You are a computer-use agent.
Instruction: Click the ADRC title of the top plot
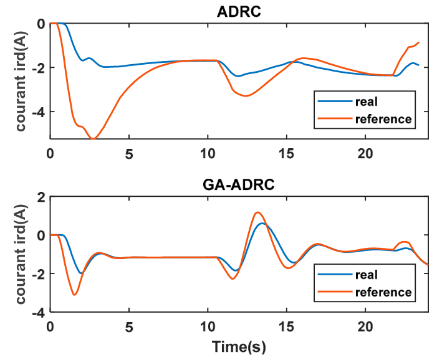pyautogui.click(x=239, y=12)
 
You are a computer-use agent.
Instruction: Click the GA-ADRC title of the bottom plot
pyautogui.click(x=239, y=185)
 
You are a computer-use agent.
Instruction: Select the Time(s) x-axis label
pyautogui.click(x=239, y=346)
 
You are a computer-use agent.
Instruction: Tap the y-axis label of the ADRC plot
pyautogui.click(x=21, y=82)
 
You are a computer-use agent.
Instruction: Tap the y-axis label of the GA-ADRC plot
pyautogui.click(x=21, y=254)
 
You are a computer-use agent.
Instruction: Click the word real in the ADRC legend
pyautogui.click(x=366, y=102)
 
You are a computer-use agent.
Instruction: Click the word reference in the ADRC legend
pyautogui.click(x=383, y=119)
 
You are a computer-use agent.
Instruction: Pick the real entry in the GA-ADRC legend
pyautogui.click(x=366, y=275)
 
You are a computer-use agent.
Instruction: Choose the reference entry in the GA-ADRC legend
pyautogui.click(x=383, y=292)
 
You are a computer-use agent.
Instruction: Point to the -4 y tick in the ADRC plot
pyautogui.click(x=39, y=112)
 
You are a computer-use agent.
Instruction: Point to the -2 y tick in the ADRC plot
pyautogui.click(x=39, y=68)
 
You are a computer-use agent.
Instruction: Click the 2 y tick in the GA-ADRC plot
pyautogui.click(x=41, y=197)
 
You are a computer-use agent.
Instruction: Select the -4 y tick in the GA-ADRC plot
pyautogui.click(x=39, y=313)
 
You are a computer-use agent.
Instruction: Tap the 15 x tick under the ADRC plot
pyautogui.click(x=286, y=154)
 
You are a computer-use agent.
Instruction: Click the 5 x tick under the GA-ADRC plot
pyautogui.click(x=129, y=327)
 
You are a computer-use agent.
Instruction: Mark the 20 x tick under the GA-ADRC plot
pyautogui.click(x=365, y=327)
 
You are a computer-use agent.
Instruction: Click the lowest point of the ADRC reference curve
pyautogui.click(x=93, y=139)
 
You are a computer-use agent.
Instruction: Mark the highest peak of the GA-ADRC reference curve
pyautogui.click(x=257, y=212)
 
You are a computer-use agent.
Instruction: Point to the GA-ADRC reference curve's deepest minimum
pyautogui.click(x=74, y=295)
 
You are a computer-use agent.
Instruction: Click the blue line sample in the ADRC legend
pyautogui.click(x=335, y=102)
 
